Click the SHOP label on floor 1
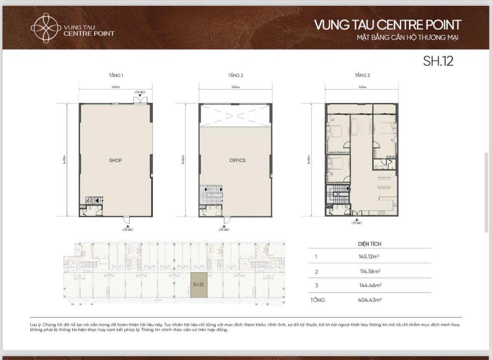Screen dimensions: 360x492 point(115,160)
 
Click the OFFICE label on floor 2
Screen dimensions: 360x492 point(237,160)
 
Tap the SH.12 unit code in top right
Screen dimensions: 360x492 point(438,61)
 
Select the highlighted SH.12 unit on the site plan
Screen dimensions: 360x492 point(199,285)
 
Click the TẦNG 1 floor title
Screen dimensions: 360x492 point(116,76)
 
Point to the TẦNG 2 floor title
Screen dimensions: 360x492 point(235,76)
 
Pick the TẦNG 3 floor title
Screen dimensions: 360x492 point(362,76)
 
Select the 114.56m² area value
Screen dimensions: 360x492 point(369,271)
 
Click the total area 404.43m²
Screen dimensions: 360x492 point(369,300)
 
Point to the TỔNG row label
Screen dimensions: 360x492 point(317,300)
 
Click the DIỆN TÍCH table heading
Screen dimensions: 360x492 point(369,243)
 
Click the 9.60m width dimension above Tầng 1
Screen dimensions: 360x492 point(116,87)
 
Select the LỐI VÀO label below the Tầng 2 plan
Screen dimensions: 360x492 point(224,229)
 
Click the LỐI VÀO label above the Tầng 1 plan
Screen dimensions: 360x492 point(139,92)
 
